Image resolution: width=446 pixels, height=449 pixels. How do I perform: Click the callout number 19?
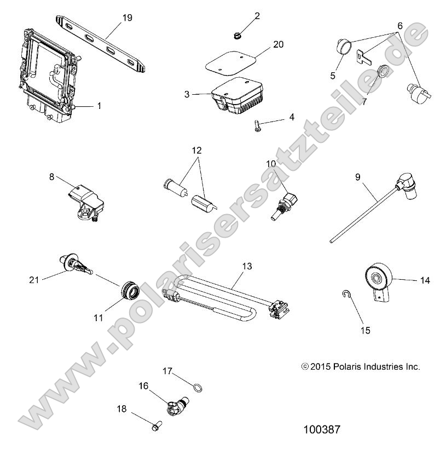[127, 18]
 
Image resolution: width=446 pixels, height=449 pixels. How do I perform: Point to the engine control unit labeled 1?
[47, 74]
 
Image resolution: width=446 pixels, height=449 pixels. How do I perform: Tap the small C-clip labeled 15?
[345, 297]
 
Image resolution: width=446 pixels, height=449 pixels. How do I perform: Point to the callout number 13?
[247, 266]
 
